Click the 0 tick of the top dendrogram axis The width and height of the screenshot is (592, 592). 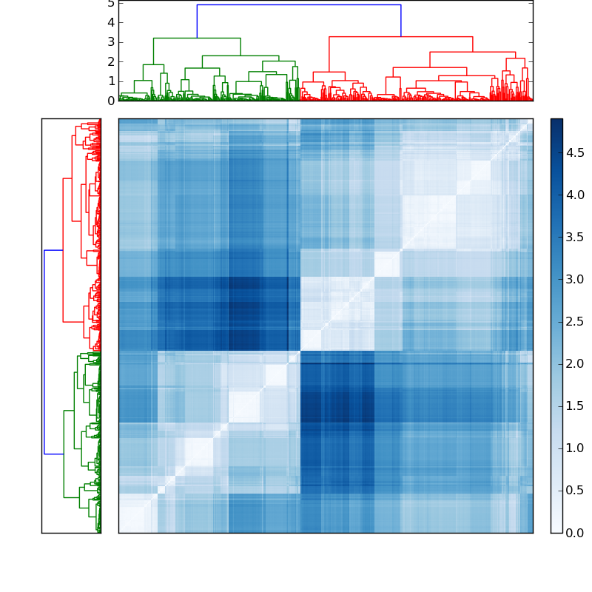[x=111, y=101]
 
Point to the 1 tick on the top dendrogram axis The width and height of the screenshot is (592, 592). [x=111, y=81]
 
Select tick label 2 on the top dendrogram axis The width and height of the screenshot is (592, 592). [x=111, y=61]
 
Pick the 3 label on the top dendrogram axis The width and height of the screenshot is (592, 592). [x=111, y=42]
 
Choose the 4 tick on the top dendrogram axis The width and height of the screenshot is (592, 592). [x=111, y=22]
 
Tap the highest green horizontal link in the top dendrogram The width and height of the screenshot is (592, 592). [x=197, y=38]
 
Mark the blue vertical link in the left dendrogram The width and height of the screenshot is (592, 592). [x=44, y=351]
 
